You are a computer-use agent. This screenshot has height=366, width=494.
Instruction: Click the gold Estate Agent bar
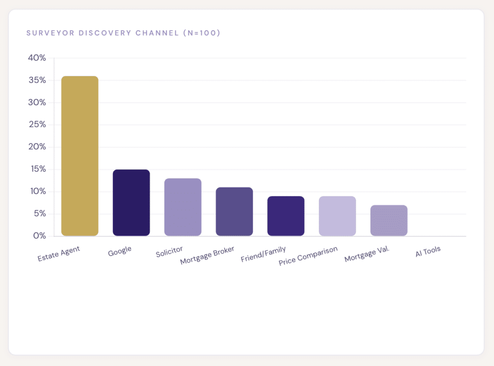(80, 156)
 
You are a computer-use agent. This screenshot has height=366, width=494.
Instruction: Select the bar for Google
(131, 203)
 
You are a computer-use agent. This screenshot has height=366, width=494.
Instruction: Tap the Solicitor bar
(183, 207)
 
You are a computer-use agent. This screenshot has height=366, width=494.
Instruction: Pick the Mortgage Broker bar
(234, 211)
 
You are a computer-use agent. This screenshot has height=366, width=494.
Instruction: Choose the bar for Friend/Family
(286, 216)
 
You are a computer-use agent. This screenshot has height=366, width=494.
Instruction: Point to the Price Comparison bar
(337, 216)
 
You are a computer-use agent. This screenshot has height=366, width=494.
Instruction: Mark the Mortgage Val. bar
(389, 220)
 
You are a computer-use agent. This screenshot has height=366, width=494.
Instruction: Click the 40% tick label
(37, 58)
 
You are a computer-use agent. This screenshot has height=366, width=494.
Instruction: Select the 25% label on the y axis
(37, 124)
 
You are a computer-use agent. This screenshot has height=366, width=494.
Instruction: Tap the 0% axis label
(40, 236)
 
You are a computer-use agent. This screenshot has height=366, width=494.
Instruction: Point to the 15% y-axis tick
(38, 169)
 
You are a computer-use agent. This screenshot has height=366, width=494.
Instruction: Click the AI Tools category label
(428, 251)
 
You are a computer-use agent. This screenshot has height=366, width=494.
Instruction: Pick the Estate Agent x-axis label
(58, 254)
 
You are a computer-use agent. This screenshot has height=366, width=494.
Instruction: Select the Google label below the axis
(120, 251)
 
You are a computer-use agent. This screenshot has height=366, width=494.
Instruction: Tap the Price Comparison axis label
(308, 256)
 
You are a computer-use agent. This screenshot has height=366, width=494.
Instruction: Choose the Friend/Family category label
(263, 254)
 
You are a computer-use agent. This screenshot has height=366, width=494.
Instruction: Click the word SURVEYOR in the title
(50, 33)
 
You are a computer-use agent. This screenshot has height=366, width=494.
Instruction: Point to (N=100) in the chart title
(202, 33)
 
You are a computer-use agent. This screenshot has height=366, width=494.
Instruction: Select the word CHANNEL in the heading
(157, 33)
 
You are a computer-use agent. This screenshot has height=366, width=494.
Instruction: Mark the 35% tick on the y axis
(37, 80)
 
